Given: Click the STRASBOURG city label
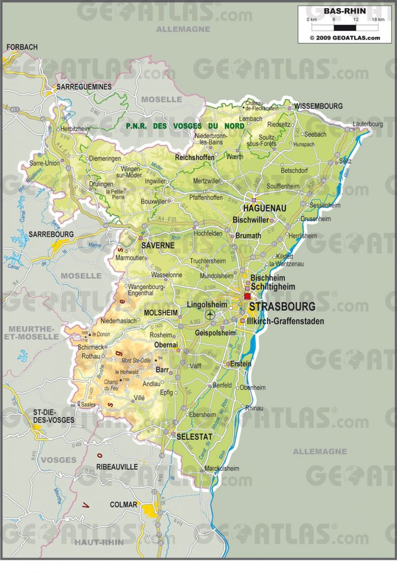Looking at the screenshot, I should (282, 307).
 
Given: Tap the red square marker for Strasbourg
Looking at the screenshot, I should (247, 296).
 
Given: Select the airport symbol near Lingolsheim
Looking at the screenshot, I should (209, 314).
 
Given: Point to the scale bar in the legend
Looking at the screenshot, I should (344, 26).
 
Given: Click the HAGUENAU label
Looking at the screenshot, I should (264, 209).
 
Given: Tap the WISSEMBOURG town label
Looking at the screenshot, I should (318, 106).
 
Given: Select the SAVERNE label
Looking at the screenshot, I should (158, 246).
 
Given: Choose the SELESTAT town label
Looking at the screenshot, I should (194, 437).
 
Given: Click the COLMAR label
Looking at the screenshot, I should (124, 504).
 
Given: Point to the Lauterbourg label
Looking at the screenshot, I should (368, 124).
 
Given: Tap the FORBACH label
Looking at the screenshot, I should (22, 47).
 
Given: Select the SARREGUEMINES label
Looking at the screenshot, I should (84, 87).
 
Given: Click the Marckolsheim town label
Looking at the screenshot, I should (222, 469).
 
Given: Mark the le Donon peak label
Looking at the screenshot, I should (101, 334).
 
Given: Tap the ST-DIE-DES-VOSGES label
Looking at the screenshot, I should (54, 416).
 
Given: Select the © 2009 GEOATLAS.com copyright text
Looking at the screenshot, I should (344, 38).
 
